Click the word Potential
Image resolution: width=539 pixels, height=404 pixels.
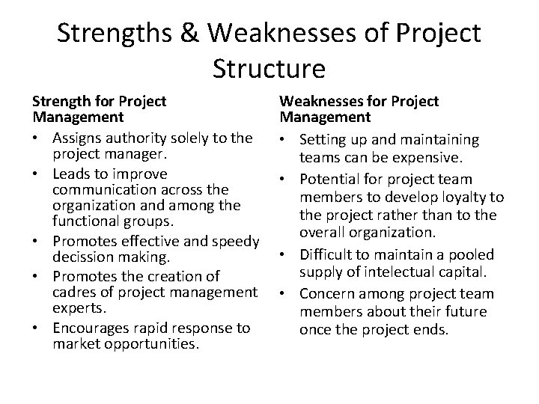(x=330, y=180)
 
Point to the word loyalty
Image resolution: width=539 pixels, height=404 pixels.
(x=467, y=198)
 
